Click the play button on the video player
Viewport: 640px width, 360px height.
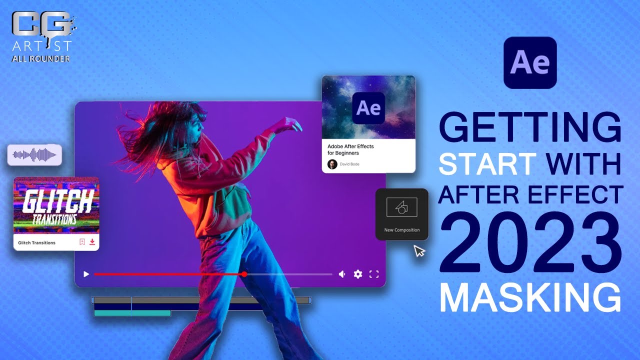pos(86,274)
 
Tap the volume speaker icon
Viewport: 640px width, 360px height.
pos(342,274)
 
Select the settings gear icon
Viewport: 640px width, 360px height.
pos(358,274)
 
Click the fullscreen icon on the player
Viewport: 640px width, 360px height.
pos(374,274)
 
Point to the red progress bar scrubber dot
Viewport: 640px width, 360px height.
pos(244,274)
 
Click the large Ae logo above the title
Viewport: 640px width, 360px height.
pos(530,63)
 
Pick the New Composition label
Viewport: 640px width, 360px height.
pos(402,230)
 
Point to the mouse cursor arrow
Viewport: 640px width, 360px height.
pos(418,250)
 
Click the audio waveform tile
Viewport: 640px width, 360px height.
pos(34,155)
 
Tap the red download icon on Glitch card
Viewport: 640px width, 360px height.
pos(92,242)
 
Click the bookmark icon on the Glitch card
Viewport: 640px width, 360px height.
pos(82,242)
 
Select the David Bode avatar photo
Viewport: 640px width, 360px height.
pos(332,164)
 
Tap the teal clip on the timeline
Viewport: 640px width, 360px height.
pos(132,313)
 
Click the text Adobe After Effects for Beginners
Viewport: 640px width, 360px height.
pos(350,149)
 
